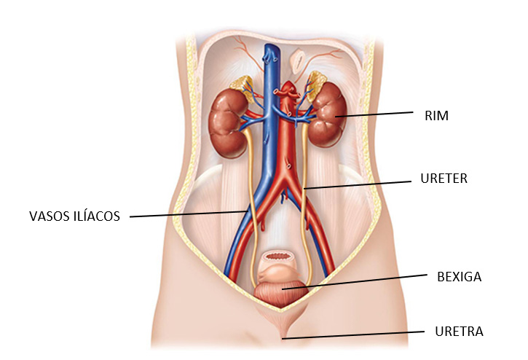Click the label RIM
pyautogui.click(x=438, y=115)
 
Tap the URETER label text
pyautogui.click(x=444, y=178)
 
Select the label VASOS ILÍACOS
pyautogui.click(x=74, y=216)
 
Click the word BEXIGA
pyautogui.click(x=459, y=277)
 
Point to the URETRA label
pyautogui.click(x=459, y=332)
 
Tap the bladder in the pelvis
pyautogui.click(x=283, y=291)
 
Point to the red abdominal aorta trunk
pyautogui.click(x=291, y=146)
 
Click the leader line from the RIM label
pyautogui.click(x=379, y=114)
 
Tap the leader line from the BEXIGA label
pyautogui.click(x=357, y=283)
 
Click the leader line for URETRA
pyautogui.click(x=357, y=335)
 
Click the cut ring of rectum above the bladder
pyautogui.click(x=280, y=258)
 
